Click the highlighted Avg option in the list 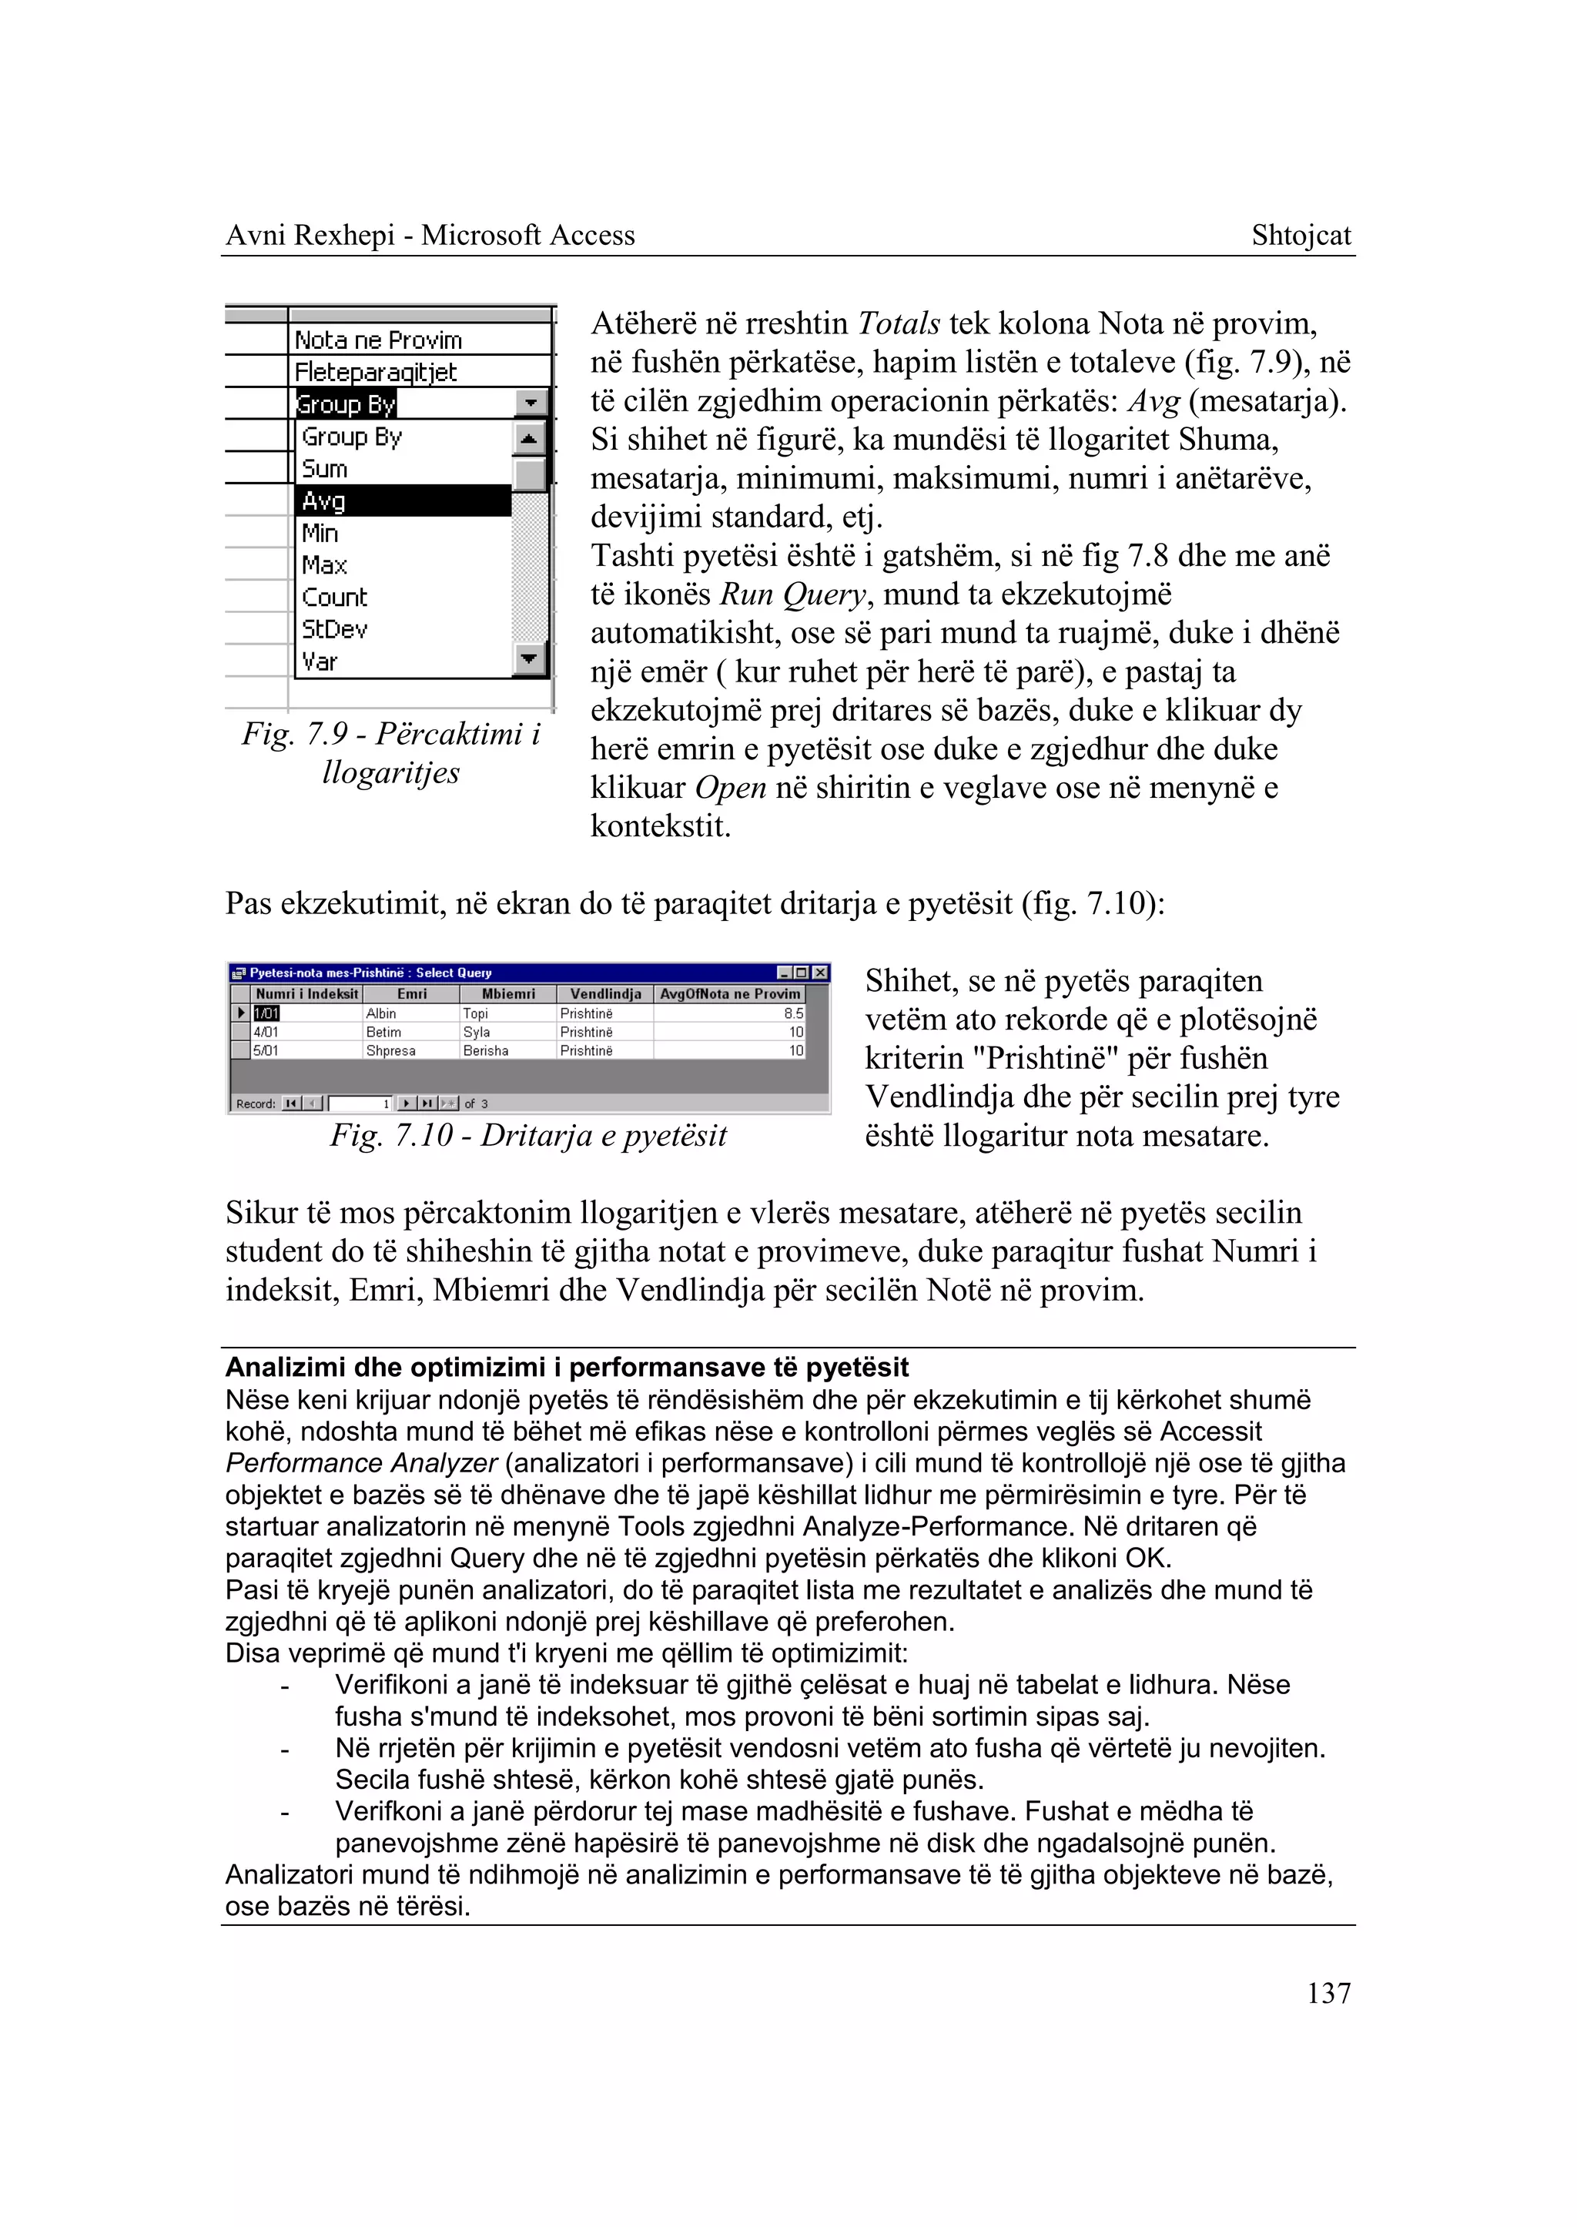tap(402, 501)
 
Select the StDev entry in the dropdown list tap(334, 629)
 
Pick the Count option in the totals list tap(334, 598)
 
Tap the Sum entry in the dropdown tap(324, 469)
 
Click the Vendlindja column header tap(605, 993)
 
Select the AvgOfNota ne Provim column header tap(729, 993)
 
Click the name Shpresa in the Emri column tap(390, 1051)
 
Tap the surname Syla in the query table tap(476, 1033)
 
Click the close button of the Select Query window tap(821, 972)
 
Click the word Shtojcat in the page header tap(1301, 235)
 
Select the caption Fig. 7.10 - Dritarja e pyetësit tap(528, 1135)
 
